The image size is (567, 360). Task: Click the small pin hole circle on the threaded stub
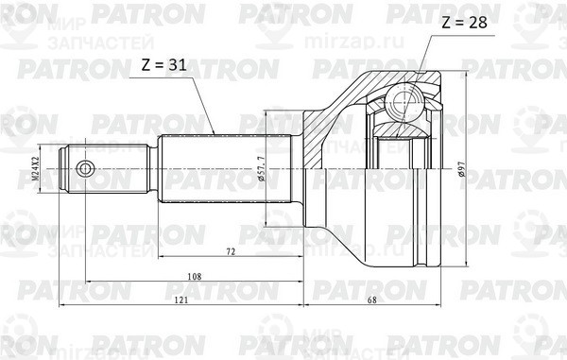85,170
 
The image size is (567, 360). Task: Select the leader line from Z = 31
203,104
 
